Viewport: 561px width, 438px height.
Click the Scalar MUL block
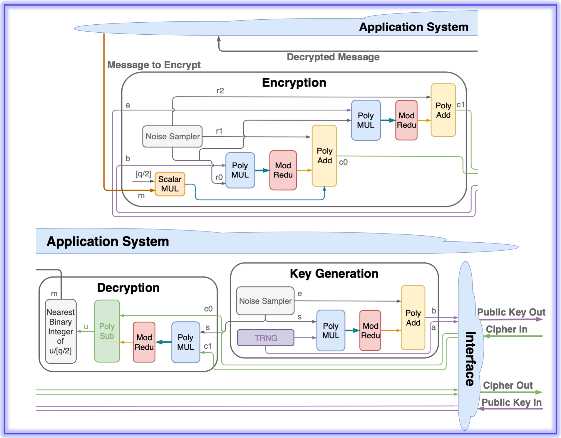click(x=170, y=184)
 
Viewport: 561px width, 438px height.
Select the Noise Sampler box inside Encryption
click(x=173, y=136)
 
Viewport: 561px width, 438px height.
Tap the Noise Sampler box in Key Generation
click(x=265, y=301)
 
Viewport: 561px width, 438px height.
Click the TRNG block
click(x=266, y=338)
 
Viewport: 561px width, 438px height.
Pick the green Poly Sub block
click(x=107, y=331)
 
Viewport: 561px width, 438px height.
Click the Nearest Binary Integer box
click(x=61, y=331)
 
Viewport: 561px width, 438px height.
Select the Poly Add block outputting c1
click(x=443, y=110)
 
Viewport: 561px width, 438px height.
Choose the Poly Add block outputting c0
click(x=324, y=156)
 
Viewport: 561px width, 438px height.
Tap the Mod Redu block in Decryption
click(x=144, y=342)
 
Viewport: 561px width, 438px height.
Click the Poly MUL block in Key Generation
click(x=331, y=330)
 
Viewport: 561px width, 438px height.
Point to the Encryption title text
click(x=294, y=83)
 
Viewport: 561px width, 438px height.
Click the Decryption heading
click(x=128, y=288)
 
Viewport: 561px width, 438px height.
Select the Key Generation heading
click(x=334, y=273)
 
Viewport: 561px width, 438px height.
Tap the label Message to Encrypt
click(x=154, y=65)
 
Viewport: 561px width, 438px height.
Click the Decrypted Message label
click(x=333, y=57)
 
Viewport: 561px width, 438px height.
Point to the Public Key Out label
click(x=511, y=312)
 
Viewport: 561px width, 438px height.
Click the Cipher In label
click(x=506, y=329)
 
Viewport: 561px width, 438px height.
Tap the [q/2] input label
click(x=143, y=174)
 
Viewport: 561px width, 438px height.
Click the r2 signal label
click(x=220, y=90)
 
